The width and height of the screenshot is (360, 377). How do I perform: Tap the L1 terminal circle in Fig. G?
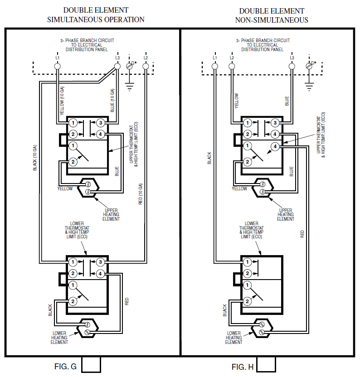click(58, 66)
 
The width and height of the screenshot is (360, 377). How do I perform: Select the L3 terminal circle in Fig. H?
click(292, 66)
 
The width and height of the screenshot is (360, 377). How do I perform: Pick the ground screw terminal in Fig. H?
click(309, 66)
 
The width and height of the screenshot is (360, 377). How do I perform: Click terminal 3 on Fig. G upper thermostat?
click(101, 123)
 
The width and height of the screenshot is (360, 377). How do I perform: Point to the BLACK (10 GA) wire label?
click(35, 158)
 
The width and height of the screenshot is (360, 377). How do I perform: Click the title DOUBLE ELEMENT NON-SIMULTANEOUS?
click(272, 15)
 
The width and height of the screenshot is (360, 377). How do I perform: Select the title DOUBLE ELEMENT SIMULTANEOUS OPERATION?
click(96, 15)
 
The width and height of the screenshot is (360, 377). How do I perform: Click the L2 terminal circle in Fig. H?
click(232, 66)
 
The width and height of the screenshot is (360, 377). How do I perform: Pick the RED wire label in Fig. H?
click(302, 234)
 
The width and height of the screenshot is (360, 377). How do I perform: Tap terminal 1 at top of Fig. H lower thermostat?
click(247, 262)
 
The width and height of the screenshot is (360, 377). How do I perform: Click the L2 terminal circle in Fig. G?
click(146, 66)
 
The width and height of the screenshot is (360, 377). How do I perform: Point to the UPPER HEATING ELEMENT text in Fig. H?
click(286, 214)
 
